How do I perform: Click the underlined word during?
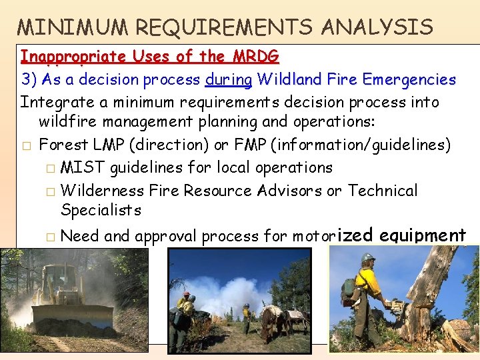[x=229, y=80]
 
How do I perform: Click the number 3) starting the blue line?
[x=29, y=80]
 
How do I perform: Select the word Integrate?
[x=50, y=103]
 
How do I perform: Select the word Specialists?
[x=101, y=211]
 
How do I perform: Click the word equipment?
[x=423, y=235]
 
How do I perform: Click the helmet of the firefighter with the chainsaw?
[x=367, y=258]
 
